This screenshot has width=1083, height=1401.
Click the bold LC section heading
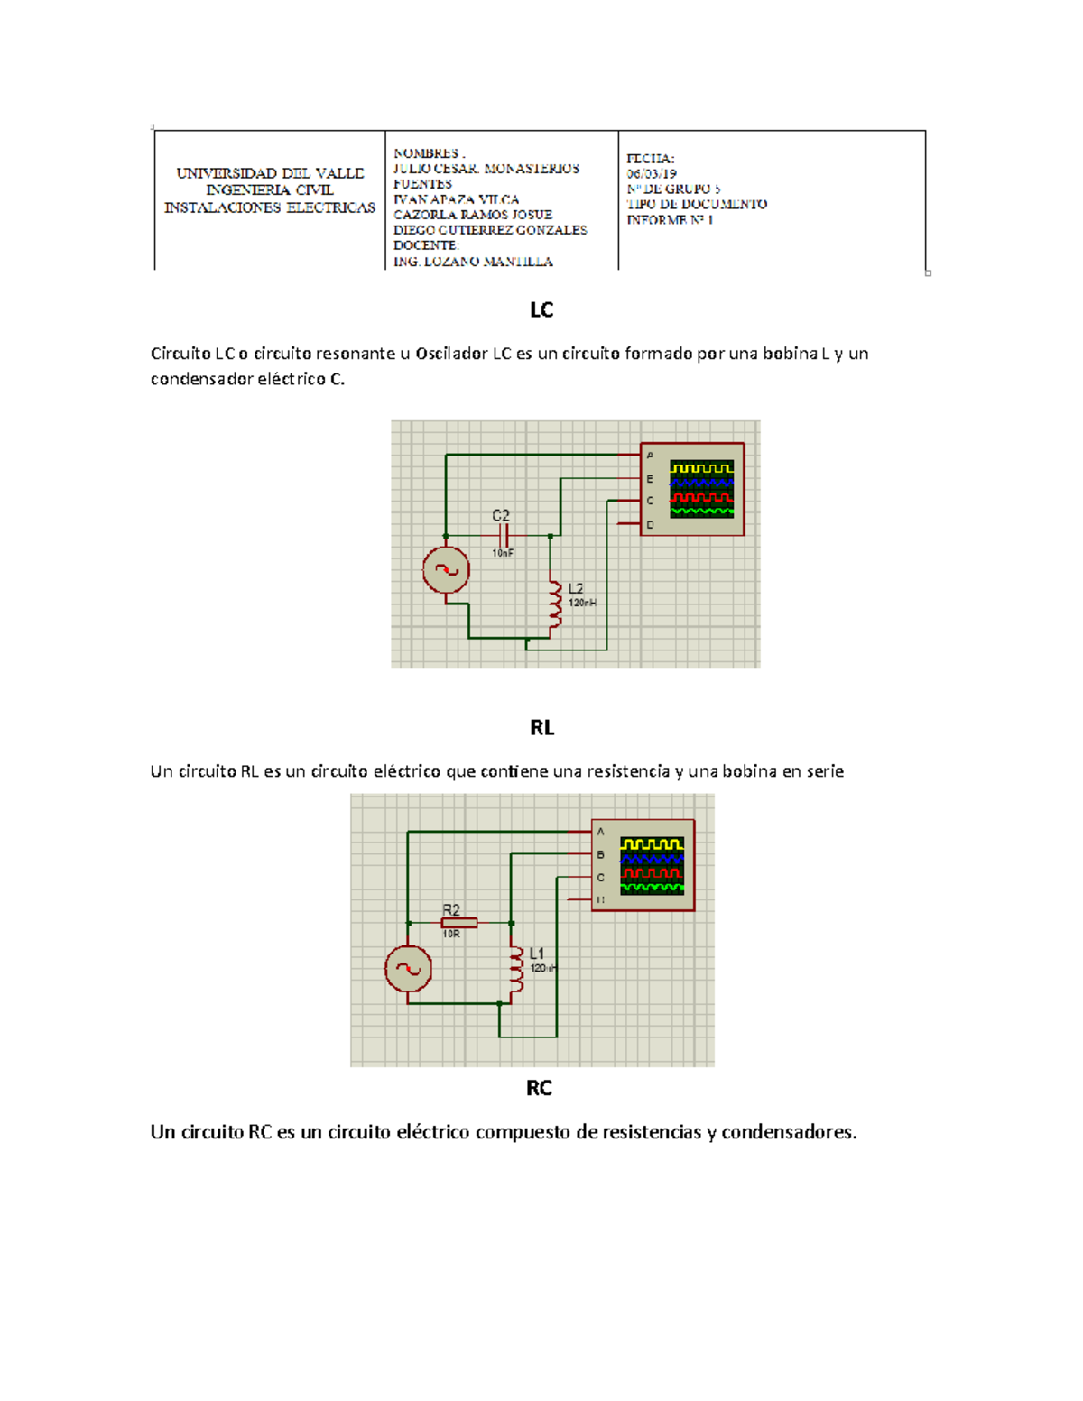click(x=541, y=310)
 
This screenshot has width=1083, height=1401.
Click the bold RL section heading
click(x=541, y=728)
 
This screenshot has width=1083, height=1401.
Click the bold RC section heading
click(x=539, y=1088)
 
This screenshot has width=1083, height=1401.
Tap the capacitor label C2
click(x=501, y=516)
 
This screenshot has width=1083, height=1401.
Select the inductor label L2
click(x=576, y=588)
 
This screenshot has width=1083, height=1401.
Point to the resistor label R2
click(x=451, y=910)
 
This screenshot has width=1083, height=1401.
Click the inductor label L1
click(x=537, y=954)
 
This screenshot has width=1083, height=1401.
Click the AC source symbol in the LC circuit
click(x=446, y=570)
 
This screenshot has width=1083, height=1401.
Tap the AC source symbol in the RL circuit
click(x=408, y=969)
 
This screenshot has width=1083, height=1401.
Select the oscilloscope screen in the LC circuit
click(x=702, y=489)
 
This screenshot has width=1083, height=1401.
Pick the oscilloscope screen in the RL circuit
click(x=653, y=865)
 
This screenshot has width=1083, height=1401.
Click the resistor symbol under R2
click(x=458, y=923)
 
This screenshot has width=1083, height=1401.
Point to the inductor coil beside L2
click(x=554, y=604)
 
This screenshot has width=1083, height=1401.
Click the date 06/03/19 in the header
click(x=652, y=174)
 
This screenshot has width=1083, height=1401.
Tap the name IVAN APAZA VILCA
click(x=456, y=199)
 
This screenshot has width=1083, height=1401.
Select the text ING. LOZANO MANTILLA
click(x=473, y=262)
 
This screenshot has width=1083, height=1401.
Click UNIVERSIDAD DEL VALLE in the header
click(x=270, y=173)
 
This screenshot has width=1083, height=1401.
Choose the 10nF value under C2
click(x=503, y=553)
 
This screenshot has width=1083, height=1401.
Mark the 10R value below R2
click(x=451, y=935)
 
